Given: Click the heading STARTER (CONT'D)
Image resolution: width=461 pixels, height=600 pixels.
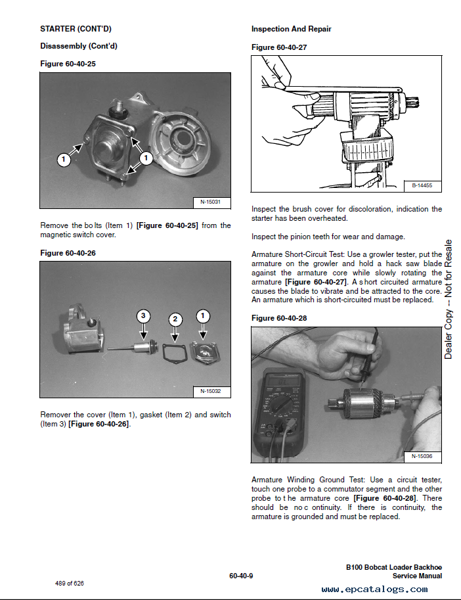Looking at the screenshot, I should (76, 29).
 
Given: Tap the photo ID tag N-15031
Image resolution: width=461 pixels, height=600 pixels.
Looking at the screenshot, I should (210, 202).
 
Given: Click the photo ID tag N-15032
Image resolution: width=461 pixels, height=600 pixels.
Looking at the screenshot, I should (210, 392).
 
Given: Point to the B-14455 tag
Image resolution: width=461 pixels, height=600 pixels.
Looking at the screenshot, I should (422, 186).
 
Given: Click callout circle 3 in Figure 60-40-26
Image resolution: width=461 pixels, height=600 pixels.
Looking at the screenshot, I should (144, 316).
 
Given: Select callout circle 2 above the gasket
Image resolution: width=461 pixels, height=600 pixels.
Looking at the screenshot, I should (174, 319).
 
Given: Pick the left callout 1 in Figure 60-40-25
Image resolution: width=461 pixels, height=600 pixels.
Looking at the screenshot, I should (64, 159).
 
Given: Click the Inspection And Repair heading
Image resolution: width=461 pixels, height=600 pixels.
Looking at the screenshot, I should (291, 29).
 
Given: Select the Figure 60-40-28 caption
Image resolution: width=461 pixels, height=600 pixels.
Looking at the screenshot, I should (279, 318).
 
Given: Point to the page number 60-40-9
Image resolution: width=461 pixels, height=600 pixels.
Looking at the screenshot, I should (241, 576).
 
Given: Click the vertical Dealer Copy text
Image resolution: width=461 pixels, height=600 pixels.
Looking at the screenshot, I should (449, 299).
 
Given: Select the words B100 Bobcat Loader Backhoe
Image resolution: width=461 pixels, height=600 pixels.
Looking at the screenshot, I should (394, 567).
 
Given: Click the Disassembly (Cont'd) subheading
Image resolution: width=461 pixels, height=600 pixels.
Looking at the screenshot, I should (79, 46).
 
